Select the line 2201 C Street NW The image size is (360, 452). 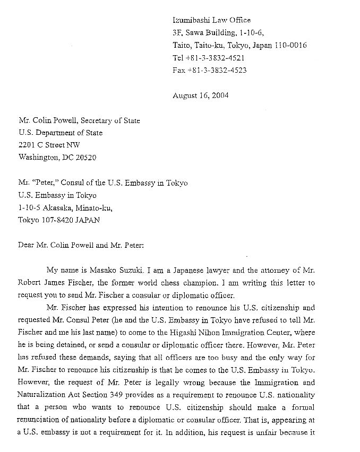[49, 145]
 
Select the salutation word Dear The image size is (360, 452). [26, 245]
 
